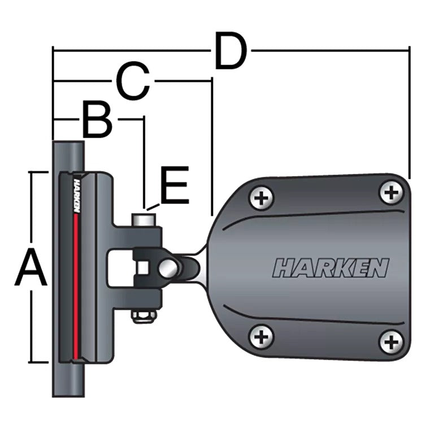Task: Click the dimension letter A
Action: point(31,270)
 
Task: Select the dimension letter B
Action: point(97,120)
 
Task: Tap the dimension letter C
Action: point(133,82)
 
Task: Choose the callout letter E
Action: point(175,186)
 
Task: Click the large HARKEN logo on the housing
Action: point(331,268)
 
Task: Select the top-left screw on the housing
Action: point(261,198)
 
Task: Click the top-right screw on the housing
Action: point(391,193)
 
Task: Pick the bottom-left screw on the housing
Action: point(261,337)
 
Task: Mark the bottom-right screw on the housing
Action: point(391,342)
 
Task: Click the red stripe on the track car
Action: point(76,283)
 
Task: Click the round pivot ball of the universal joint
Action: point(169,267)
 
